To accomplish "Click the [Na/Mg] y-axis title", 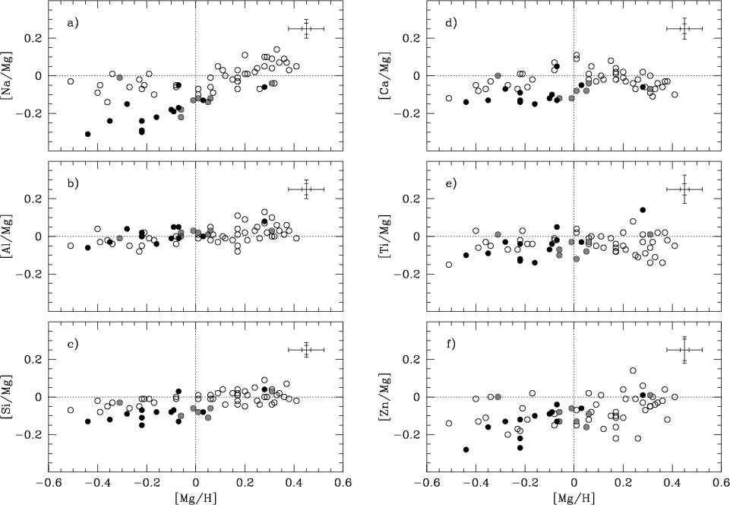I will (10, 75).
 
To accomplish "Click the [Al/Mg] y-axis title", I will (10, 236).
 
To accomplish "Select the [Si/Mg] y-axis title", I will (10, 396).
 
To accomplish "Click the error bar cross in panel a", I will (306, 29).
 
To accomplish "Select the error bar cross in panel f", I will (684, 350).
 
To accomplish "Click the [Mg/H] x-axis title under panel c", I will (195, 497).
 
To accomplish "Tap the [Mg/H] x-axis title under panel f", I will (574, 497).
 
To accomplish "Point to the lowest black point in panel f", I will (466, 449).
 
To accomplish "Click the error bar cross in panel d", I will (684, 29).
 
